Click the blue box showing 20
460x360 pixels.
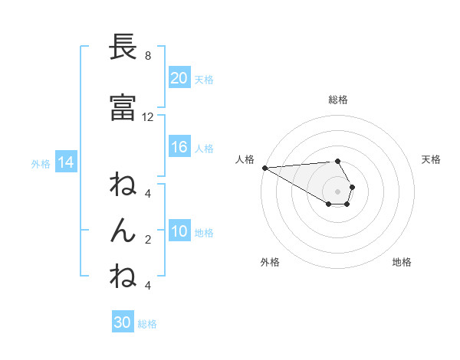(179, 78)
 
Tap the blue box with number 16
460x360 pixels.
(179, 148)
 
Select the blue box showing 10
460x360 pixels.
(179, 232)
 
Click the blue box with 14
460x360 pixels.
(65, 162)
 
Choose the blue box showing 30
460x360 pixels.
(123, 323)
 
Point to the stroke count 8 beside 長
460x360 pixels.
(148, 56)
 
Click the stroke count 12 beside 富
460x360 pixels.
(148, 117)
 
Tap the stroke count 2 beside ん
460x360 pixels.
(148, 240)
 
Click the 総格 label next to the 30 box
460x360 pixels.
(148, 324)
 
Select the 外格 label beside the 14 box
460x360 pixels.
(41, 163)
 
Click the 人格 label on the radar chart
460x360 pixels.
(244, 159)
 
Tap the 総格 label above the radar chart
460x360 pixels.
(338, 100)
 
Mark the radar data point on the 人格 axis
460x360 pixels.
(264, 168)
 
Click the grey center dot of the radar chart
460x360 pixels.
(338, 191)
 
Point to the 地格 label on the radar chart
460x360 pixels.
(402, 262)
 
